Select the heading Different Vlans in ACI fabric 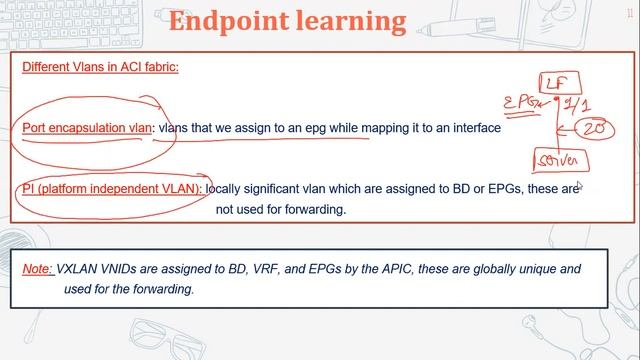point(100,68)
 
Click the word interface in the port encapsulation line point(472,128)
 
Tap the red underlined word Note point(37,270)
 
